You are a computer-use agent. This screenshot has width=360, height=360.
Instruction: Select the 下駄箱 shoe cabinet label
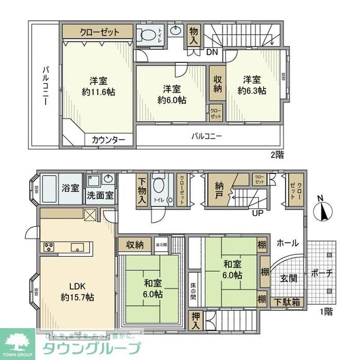coord(287,302)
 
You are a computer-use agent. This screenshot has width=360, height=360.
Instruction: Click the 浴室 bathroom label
coord(70,188)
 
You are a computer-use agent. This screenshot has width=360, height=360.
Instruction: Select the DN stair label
coord(211,52)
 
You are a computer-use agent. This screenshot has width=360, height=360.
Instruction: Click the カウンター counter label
coord(108,140)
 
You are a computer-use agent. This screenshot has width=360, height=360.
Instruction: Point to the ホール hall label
coord(288,244)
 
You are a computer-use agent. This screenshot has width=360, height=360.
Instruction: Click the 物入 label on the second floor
coord(193,35)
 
